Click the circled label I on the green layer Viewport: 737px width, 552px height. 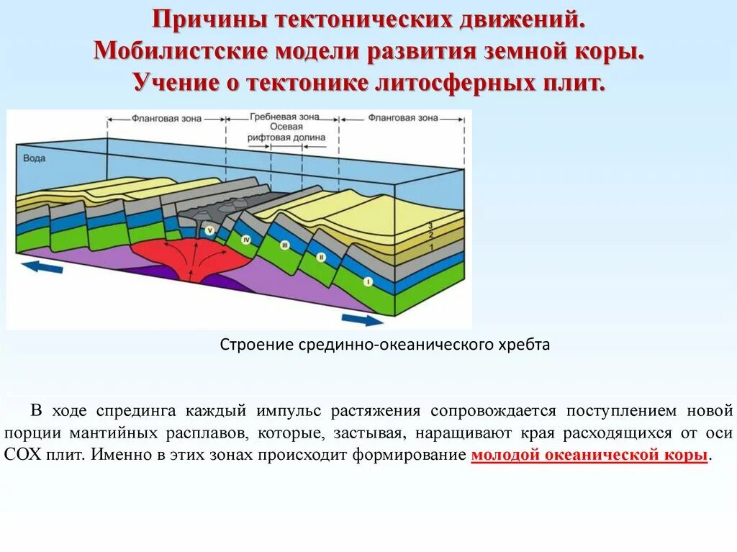click(x=368, y=282)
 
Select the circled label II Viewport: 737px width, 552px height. click(x=320, y=257)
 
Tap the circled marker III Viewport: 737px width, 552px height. click(x=284, y=246)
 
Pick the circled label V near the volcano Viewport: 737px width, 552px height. click(x=210, y=230)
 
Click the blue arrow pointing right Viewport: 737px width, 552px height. click(x=363, y=320)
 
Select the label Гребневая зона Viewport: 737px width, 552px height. click(x=284, y=117)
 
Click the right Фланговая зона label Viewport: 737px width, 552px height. click(x=403, y=117)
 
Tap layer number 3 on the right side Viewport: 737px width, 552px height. click(x=430, y=225)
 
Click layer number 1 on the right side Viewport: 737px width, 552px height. click(x=430, y=247)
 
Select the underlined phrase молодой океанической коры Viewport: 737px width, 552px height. click(x=589, y=456)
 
